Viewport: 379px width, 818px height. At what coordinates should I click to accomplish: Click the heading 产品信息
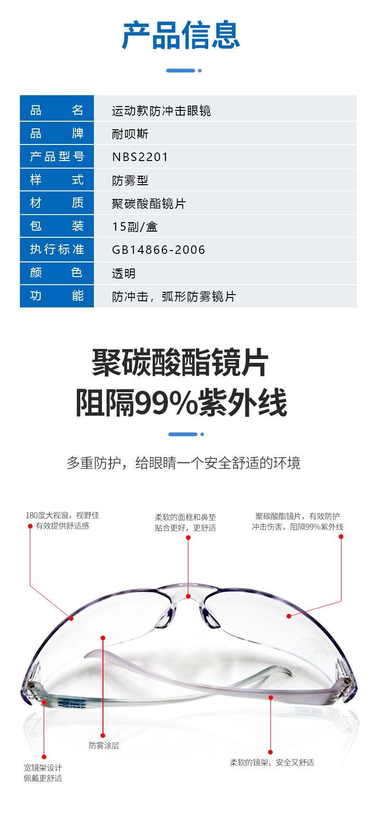coord(181,36)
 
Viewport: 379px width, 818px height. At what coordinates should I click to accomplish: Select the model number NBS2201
coord(140,157)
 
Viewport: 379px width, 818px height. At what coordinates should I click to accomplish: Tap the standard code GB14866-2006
coord(158,250)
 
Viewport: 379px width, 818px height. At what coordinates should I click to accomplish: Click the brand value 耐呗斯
coord(130,134)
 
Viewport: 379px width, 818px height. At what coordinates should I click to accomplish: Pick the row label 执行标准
coord(57,249)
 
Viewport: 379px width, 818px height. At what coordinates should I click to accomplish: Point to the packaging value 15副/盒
coord(135,226)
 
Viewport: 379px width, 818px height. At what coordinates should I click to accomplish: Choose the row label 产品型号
coord(57,156)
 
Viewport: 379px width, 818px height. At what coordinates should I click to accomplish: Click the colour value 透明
coord(123,273)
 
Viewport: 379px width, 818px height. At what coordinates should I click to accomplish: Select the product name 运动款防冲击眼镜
coord(161,111)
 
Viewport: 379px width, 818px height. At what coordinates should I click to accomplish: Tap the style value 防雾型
coord(130,180)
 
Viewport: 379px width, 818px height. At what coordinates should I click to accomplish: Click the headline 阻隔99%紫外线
coord(181,403)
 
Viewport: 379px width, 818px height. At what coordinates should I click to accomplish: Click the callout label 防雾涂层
coord(104,745)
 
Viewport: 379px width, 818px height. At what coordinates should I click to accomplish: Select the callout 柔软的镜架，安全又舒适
coord(272,762)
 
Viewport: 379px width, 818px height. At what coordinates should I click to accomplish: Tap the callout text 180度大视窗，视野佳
coord(62,515)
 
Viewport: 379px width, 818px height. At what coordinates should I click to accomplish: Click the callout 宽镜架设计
coord(43,767)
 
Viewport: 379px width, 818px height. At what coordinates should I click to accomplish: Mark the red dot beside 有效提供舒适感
coord(30,526)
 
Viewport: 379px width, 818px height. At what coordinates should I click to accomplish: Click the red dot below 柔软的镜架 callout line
coord(270,752)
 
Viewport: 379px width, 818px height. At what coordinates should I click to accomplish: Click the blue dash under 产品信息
coord(180,71)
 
